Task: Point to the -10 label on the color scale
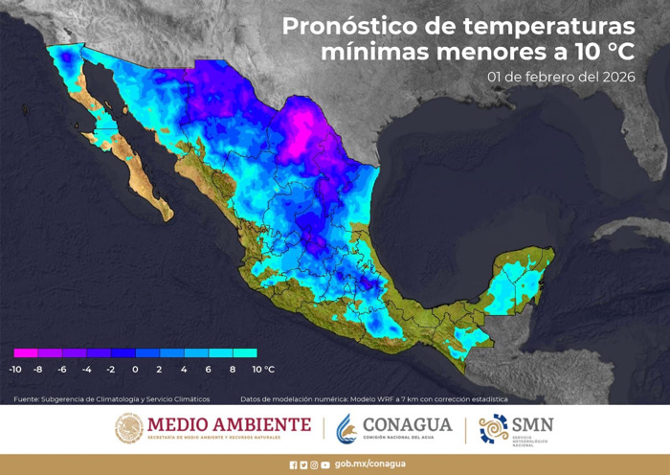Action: pos(15,369)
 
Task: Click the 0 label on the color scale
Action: pos(135,369)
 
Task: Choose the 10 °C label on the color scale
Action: pos(263,369)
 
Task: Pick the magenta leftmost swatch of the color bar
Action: pos(26,353)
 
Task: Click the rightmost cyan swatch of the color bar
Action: pos(244,353)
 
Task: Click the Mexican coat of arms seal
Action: pos(129,428)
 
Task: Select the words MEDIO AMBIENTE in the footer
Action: pos(229,424)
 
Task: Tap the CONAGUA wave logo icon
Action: pos(346,428)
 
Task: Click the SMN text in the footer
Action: pos(533,424)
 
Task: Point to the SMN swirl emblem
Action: pos(494,428)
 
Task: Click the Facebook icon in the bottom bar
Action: pos(294,464)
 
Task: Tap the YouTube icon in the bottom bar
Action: pos(325,464)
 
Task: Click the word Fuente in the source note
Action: pos(28,398)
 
